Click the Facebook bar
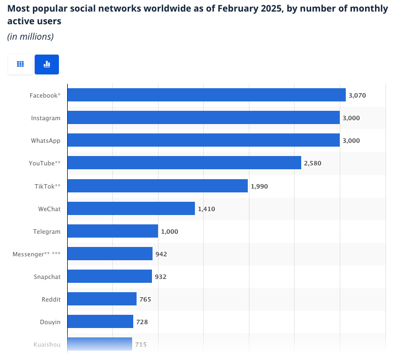click(x=206, y=95)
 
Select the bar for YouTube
click(x=184, y=163)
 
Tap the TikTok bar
click(x=157, y=186)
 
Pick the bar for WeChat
click(x=131, y=208)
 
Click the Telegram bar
click(x=113, y=231)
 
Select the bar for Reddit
click(x=102, y=299)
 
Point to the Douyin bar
click(x=100, y=321)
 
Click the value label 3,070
click(x=357, y=95)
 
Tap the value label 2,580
click(x=313, y=163)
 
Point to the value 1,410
click(x=206, y=209)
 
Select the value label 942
click(x=161, y=254)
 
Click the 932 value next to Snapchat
click(x=160, y=277)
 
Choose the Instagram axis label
click(x=46, y=118)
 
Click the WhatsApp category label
click(x=46, y=141)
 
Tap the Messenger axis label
click(x=36, y=254)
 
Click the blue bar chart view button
click(x=47, y=65)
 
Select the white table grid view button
click(x=20, y=65)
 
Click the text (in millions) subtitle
click(x=30, y=36)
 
